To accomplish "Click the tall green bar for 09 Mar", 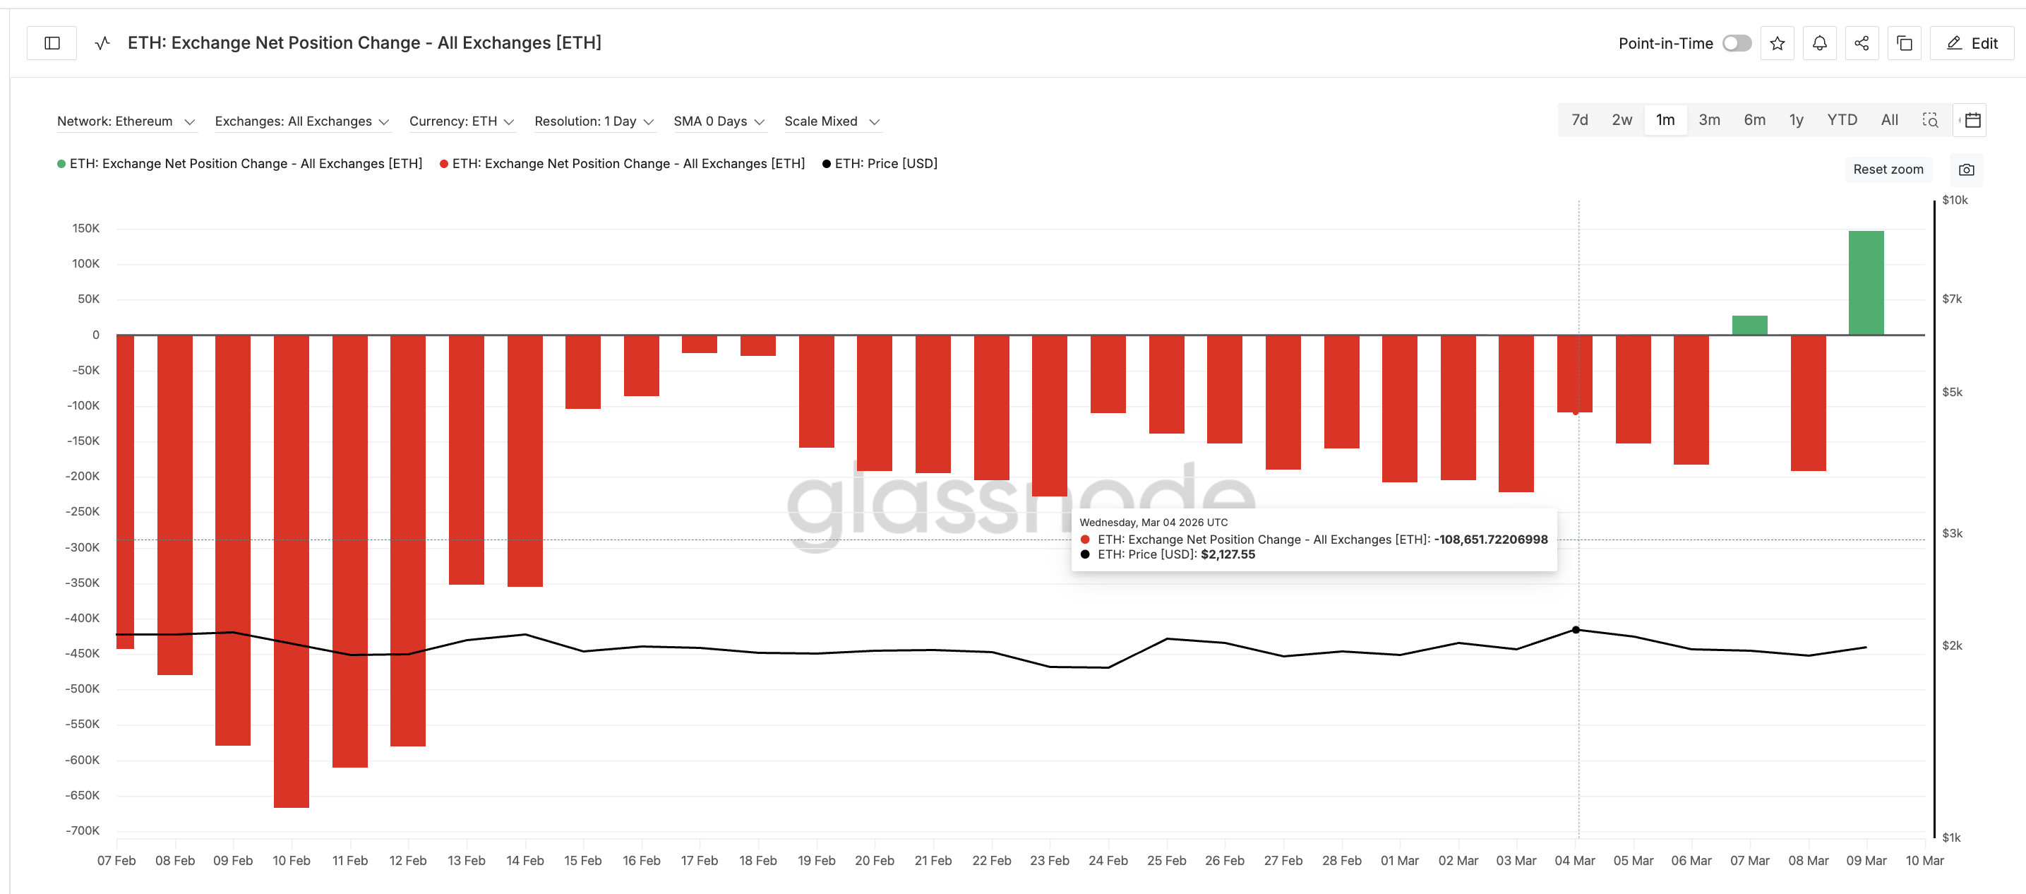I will [1866, 283].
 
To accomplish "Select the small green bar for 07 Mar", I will [1749, 325].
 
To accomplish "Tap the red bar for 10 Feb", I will [291, 571].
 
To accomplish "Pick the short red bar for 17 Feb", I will [699, 344].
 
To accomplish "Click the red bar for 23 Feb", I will [1049, 415].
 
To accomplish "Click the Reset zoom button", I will [1888, 169].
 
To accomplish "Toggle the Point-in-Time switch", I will [1737, 43].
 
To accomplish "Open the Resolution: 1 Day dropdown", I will [594, 121].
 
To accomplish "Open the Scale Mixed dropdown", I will [832, 121].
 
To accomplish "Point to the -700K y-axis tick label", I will [83, 830].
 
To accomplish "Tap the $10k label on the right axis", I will [1955, 200].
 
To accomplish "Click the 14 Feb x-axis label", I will [525, 860].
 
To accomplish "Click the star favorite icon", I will [1777, 43].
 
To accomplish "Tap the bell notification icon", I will [1819, 43].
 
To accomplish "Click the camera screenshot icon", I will [1966, 170].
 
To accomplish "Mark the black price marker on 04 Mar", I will [1576, 630].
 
